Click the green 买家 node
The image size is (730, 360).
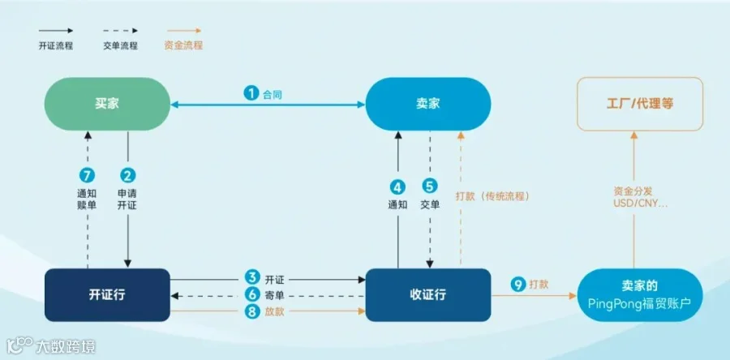click(x=107, y=104)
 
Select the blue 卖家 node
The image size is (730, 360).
click(x=427, y=104)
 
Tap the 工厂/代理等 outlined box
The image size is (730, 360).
click(x=640, y=104)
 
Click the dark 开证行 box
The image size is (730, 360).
click(x=107, y=295)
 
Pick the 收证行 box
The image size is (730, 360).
click(x=427, y=295)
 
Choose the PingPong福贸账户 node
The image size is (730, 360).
click(x=640, y=295)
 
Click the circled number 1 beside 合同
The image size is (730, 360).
click(x=251, y=94)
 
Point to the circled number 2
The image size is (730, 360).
click(x=127, y=176)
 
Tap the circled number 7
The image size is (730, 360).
click(x=87, y=176)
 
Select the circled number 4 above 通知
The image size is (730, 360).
click(x=397, y=187)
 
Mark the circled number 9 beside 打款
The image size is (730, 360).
click(x=518, y=284)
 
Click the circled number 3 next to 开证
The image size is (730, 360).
click(x=252, y=279)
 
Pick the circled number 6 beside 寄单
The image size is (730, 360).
click(x=252, y=295)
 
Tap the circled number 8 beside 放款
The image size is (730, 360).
click(x=252, y=311)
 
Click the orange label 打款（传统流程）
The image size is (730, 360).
click(x=493, y=196)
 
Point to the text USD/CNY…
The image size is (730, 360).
click(x=640, y=204)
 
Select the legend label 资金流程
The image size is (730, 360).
click(x=183, y=45)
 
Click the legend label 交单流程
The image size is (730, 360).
click(x=121, y=45)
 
